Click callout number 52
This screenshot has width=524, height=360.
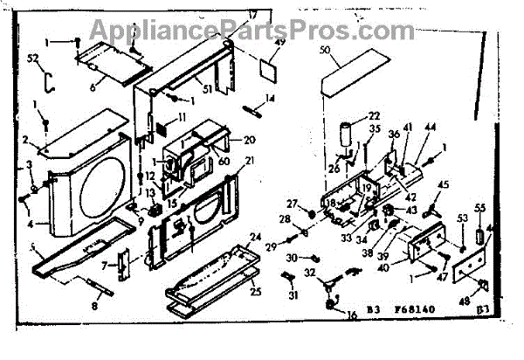33,59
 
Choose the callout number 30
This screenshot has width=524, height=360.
290,257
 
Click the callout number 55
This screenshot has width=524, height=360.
479,209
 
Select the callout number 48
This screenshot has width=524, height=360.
477,301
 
